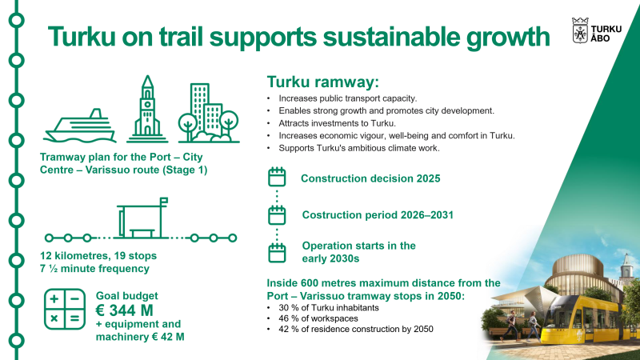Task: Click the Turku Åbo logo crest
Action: [x=580, y=30]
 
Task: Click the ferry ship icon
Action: [x=80, y=126]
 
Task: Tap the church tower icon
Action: [x=147, y=110]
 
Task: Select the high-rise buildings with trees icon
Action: [x=209, y=113]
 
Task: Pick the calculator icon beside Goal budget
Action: [x=65, y=309]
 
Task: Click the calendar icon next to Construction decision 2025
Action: [x=277, y=177]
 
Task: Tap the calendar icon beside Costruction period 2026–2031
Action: [x=277, y=214]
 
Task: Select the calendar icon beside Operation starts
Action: [x=277, y=252]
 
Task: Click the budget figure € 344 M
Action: [x=125, y=310]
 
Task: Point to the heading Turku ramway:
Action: [x=323, y=82]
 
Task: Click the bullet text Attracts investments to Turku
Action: [x=337, y=123]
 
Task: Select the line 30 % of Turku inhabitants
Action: [x=329, y=308]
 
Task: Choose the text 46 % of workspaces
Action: [x=318, y=318]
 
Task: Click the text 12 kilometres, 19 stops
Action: [x=98, y=256]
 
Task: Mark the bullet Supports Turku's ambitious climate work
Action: [x=359, y=148]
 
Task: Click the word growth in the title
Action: [x=508, y=38]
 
